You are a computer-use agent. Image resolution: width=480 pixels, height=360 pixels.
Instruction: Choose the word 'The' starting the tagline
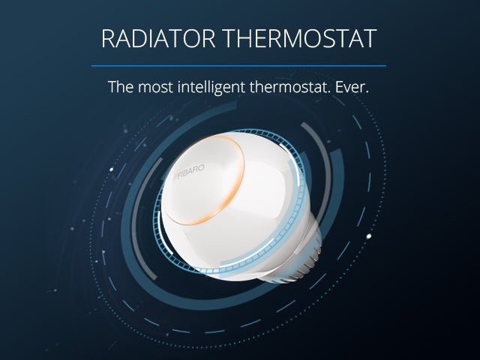coord(120,86)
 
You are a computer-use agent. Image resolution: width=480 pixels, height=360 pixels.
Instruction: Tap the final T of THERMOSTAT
coord(369,39)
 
